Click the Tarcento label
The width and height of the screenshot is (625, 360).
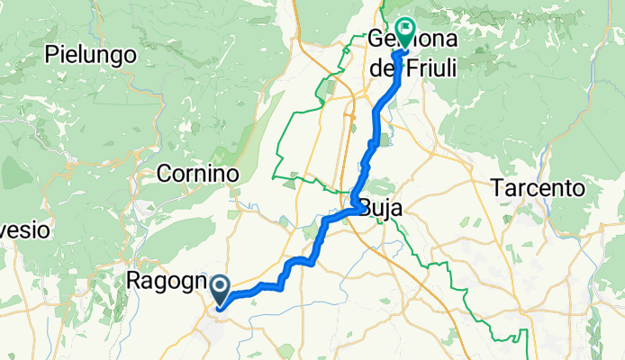coord(537,189)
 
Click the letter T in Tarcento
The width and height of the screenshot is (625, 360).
coord(496,189)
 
